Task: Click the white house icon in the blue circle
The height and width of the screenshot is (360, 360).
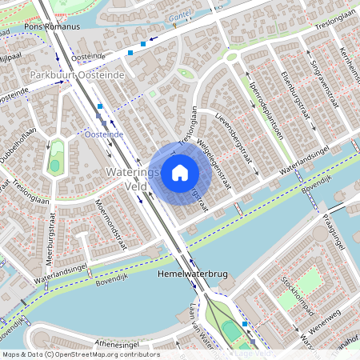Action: [180, 172]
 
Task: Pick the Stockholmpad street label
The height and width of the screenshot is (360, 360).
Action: [297, 293]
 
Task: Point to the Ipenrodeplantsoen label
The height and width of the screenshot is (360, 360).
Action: [266, 110]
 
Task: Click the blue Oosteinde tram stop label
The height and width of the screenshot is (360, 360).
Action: [104, 134]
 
